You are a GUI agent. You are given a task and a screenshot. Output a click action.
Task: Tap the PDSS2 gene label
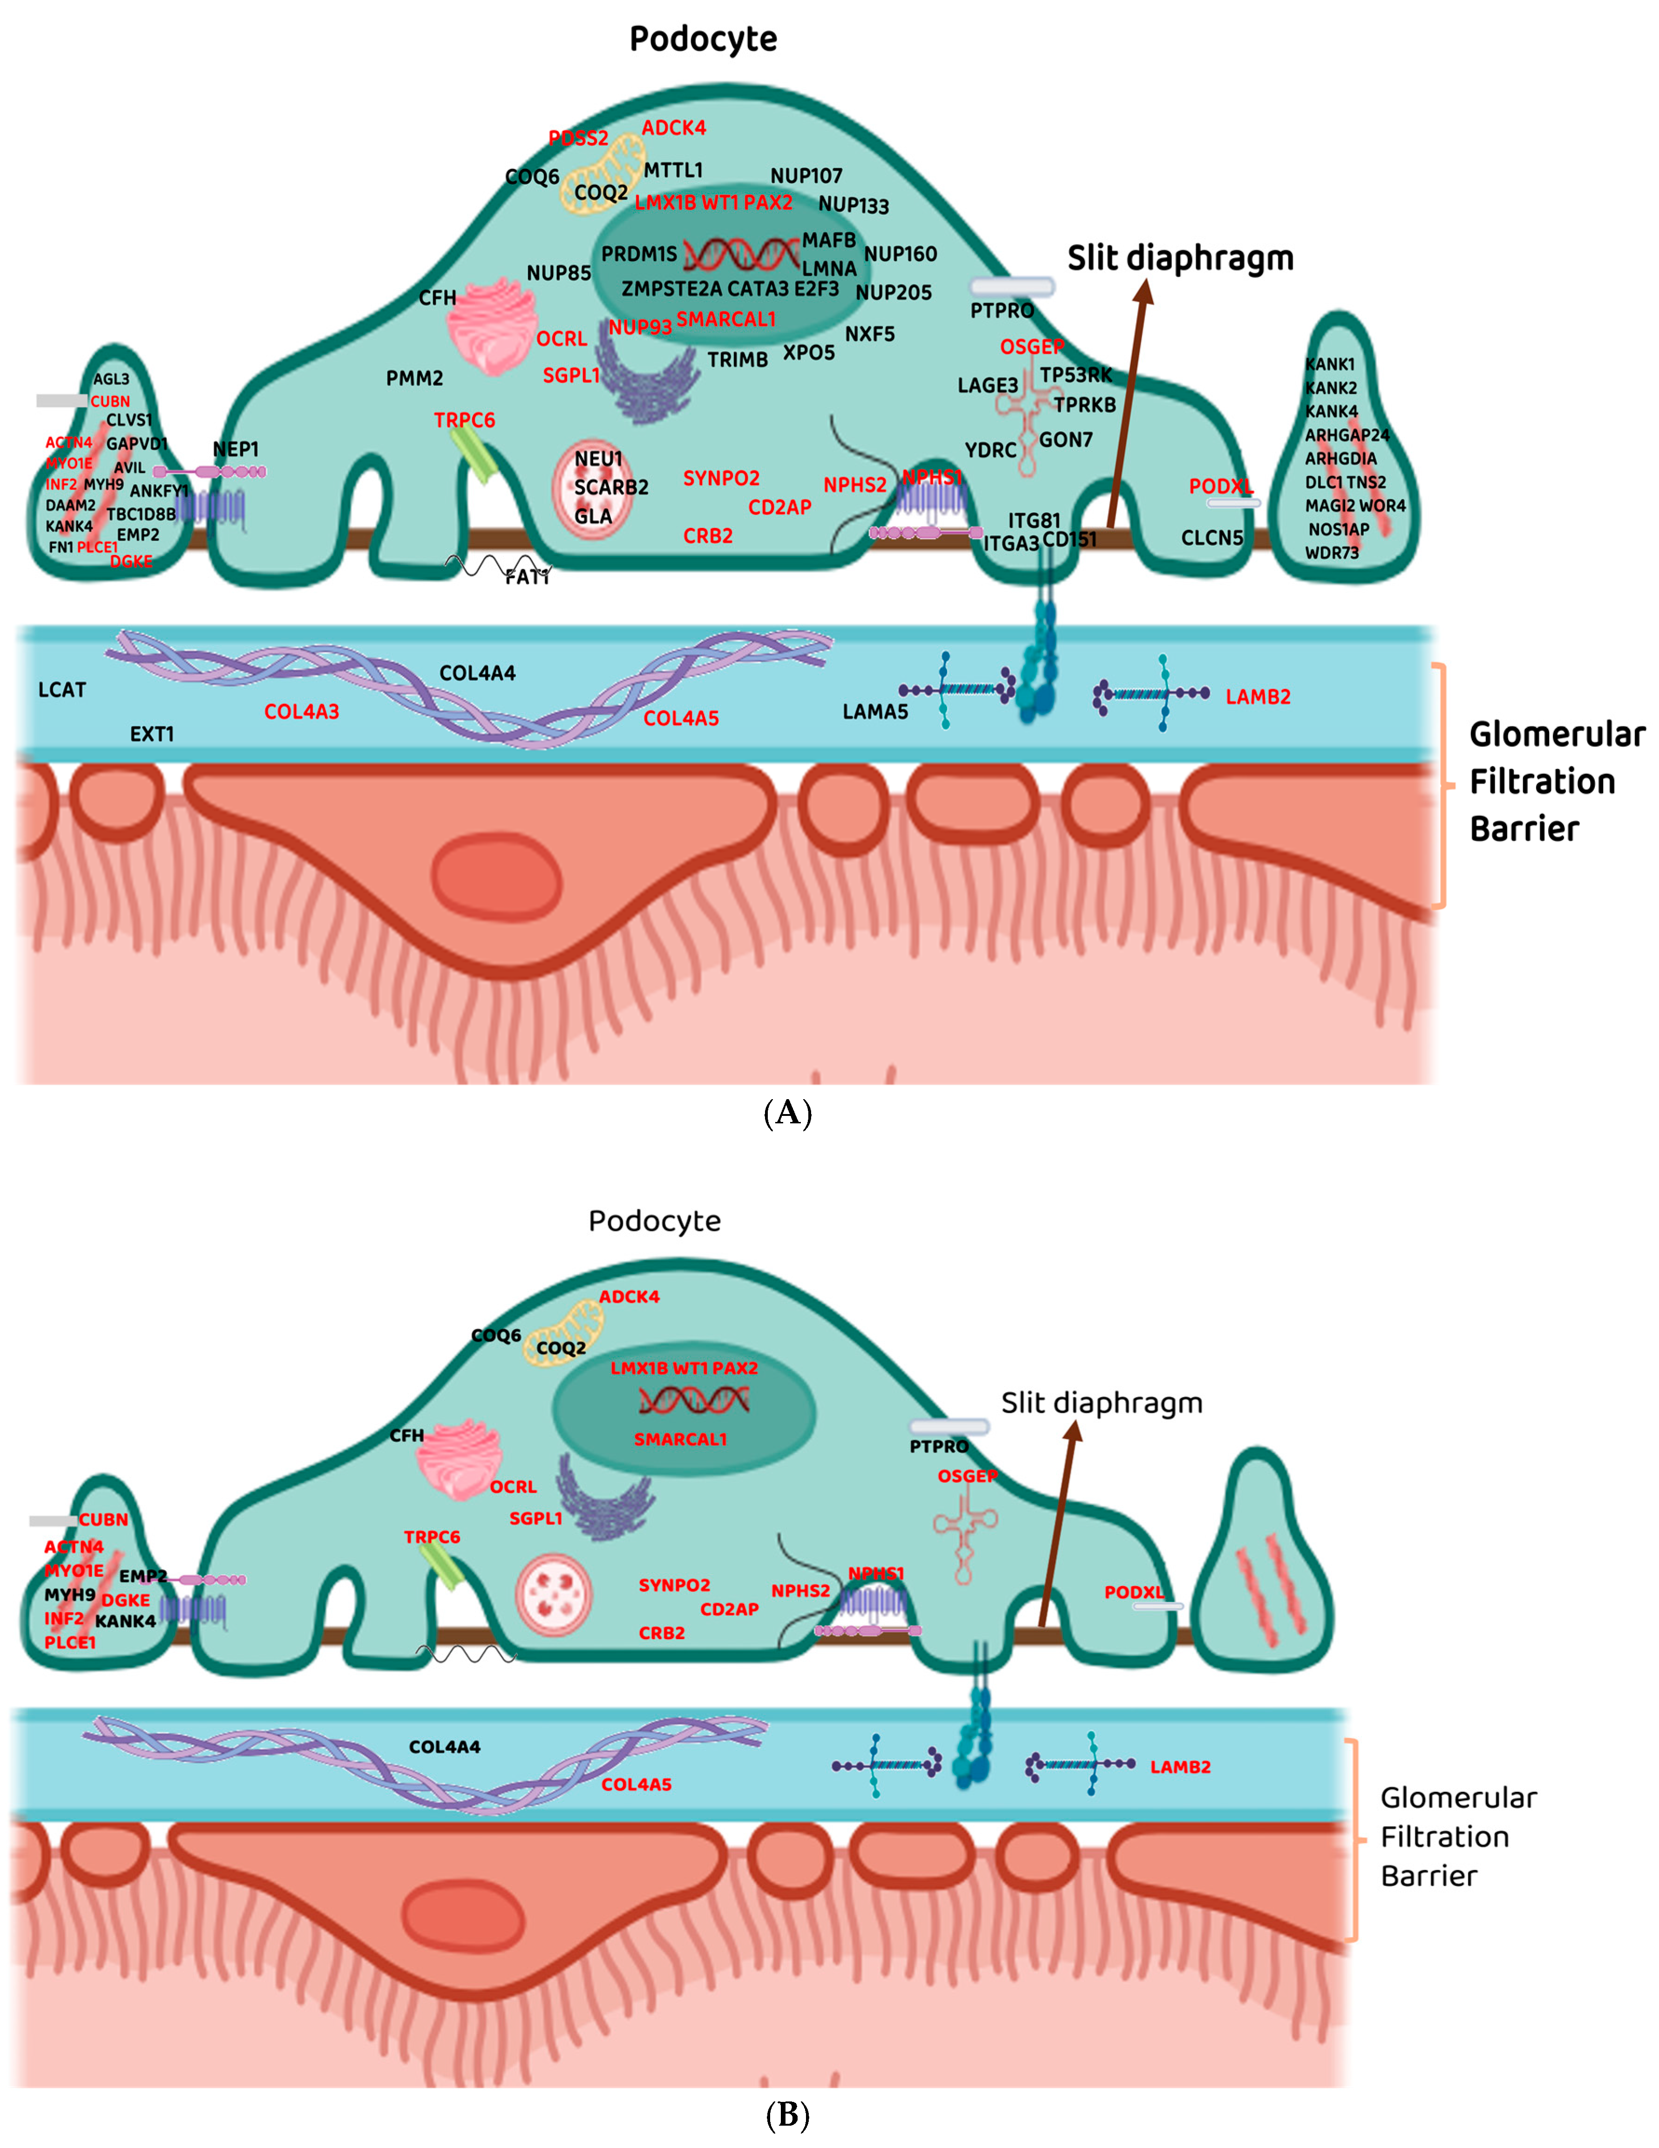578,139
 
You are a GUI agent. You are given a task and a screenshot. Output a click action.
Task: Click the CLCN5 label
1212,538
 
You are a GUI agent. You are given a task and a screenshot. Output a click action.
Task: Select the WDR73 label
1332,553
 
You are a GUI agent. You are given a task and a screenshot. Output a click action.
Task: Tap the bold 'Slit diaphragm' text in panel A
1180,259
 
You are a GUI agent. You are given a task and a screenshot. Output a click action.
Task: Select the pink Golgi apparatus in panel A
492,330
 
